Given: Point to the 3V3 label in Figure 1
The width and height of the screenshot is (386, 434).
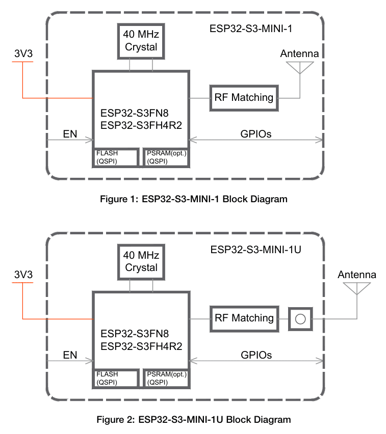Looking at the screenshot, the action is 23,53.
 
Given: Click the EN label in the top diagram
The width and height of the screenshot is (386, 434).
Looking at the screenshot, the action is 70,134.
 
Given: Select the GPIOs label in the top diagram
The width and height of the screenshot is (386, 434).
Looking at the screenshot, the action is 256,134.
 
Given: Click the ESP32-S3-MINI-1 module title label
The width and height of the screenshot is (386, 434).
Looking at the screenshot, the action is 251,29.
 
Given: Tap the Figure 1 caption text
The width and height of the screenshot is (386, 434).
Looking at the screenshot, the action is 194,199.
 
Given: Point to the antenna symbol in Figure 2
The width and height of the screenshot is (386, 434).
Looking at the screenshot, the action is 357,288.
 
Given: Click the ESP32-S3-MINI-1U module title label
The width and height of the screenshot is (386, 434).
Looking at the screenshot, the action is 256,250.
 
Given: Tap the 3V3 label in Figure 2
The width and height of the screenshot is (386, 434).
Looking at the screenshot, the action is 23,275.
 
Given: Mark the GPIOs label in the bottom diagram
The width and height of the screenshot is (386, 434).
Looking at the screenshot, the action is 256,355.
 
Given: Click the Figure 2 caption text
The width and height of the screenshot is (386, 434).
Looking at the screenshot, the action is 194,420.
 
